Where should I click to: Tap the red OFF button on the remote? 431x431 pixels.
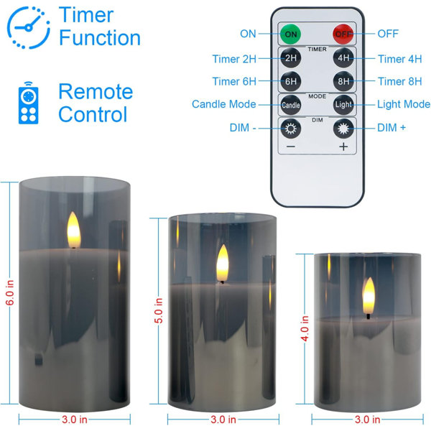(343, 34)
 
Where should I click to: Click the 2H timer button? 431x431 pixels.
(291, 58)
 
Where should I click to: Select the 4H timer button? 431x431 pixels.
(343, 58)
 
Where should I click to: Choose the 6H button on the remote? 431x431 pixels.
(291, 81)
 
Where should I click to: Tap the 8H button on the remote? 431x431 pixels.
(343, 81)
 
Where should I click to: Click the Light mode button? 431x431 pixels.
(343, 105)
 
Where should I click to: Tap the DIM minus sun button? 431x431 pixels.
(291, 129)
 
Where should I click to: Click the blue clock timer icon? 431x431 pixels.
(29, 27)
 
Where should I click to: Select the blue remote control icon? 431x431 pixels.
(28, 103)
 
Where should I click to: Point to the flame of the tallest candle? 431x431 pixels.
(74, 230)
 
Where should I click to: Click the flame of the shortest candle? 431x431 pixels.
(369, 296)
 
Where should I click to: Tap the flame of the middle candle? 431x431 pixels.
(223, 263)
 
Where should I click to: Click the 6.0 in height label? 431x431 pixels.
(9, 292)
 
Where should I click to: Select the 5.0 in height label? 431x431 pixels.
(159, 310)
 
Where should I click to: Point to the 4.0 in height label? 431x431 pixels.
(305, 328)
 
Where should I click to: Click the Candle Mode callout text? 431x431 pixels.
(223, 104)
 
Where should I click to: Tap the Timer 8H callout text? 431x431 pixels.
(399, 81)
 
